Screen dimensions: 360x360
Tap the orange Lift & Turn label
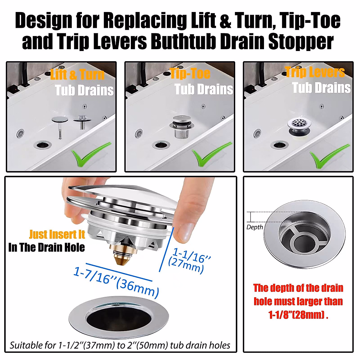click(77, 75)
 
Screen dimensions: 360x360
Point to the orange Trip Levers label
click(315, 72)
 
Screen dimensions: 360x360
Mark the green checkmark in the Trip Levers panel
click(329, 155)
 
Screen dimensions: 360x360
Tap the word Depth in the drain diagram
click(254, 227)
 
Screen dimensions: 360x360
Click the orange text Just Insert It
click(57, 234)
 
